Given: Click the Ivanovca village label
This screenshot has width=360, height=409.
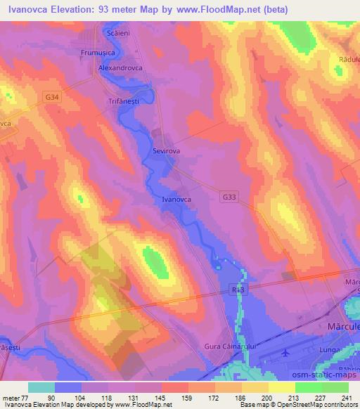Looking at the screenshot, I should pyautogui.click(x=177, y=200).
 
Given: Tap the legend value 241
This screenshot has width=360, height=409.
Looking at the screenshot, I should pyautogui.click(x=345, y=398).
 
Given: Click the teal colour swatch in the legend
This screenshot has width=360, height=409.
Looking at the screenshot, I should pyautogui.click(x=41, y=387).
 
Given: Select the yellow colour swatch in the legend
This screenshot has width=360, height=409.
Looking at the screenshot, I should pyautogui.click(x=282, y=387).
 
